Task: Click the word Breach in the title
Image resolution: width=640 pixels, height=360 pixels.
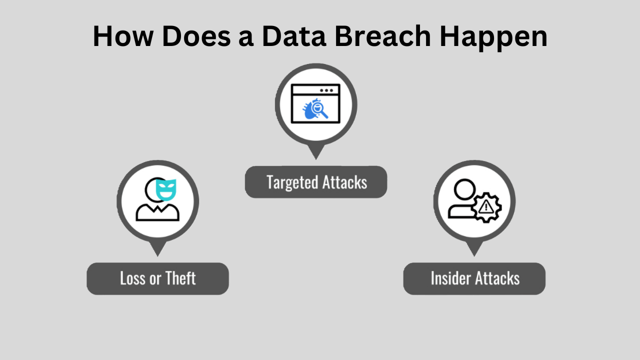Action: click(382, 36)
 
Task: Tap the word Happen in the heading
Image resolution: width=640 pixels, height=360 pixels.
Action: click(493, 38)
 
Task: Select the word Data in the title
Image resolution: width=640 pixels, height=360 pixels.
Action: click(294, 36)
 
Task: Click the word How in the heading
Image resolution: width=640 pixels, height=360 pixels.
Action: click(123, 36)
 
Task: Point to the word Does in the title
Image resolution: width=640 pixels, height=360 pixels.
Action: click(196, 36)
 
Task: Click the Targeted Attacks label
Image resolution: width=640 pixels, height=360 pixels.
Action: click(316, 182)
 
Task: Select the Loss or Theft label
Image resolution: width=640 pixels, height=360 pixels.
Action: click(157, 278)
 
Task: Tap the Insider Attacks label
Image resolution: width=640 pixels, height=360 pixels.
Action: click(474, 278)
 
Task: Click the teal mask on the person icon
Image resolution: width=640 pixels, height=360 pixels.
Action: click(166, 189)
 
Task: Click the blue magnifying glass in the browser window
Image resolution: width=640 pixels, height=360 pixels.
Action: click(319, 110)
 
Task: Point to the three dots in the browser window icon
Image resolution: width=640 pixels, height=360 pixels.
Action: click(326, 90)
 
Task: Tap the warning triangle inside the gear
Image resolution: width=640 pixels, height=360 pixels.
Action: click(486, 207)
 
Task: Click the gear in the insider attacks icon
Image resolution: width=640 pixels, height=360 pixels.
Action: click(486, 207)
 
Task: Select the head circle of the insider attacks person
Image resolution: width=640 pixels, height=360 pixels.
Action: click(464, 189)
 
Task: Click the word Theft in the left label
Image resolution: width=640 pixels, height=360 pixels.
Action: click(180, 278)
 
